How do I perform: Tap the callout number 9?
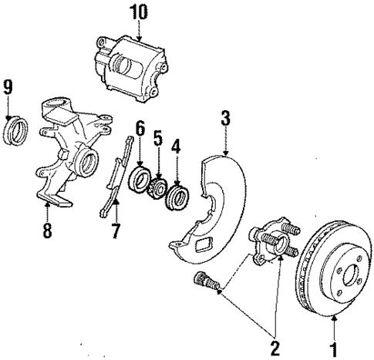(9, 86)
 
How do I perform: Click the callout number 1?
(333, 349)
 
